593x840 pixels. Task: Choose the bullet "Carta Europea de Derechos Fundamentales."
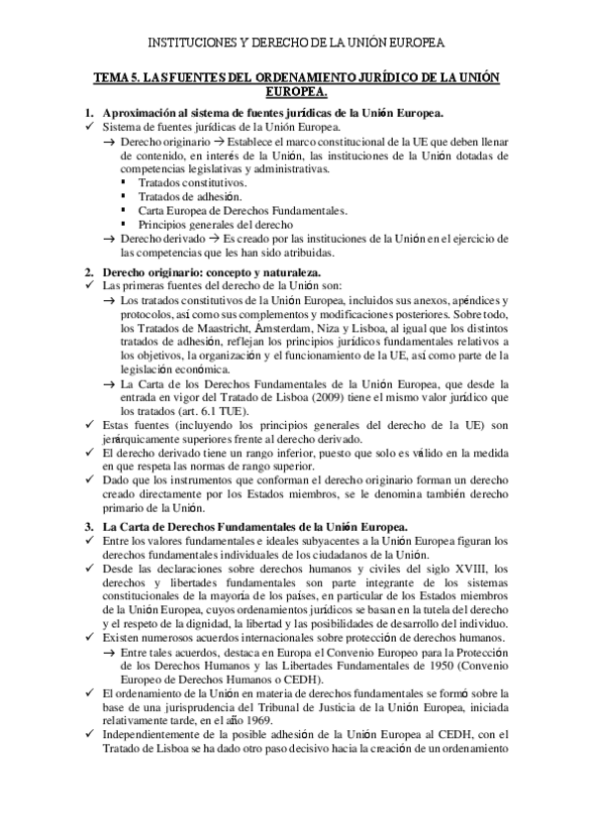coord(243,211)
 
